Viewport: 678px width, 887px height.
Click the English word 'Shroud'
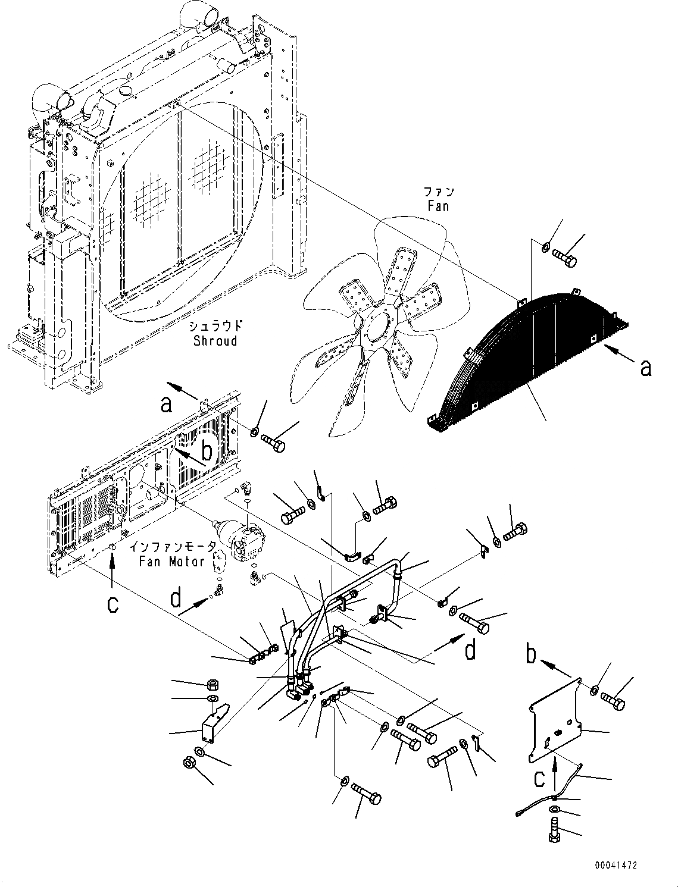click(215, 341)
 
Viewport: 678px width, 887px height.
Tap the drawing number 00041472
click(615, 865)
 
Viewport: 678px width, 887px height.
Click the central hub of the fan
click(377, 326)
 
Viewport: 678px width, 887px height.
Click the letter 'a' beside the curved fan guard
click(645, 368)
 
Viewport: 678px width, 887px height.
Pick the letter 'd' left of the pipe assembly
click(175, 597)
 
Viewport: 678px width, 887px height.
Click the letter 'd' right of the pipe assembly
click(470, 650)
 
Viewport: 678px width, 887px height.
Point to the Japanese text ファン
click(439, 192)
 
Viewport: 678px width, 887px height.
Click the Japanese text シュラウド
click(215, 326)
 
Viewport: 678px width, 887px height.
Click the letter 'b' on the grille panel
click(207, 451)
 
